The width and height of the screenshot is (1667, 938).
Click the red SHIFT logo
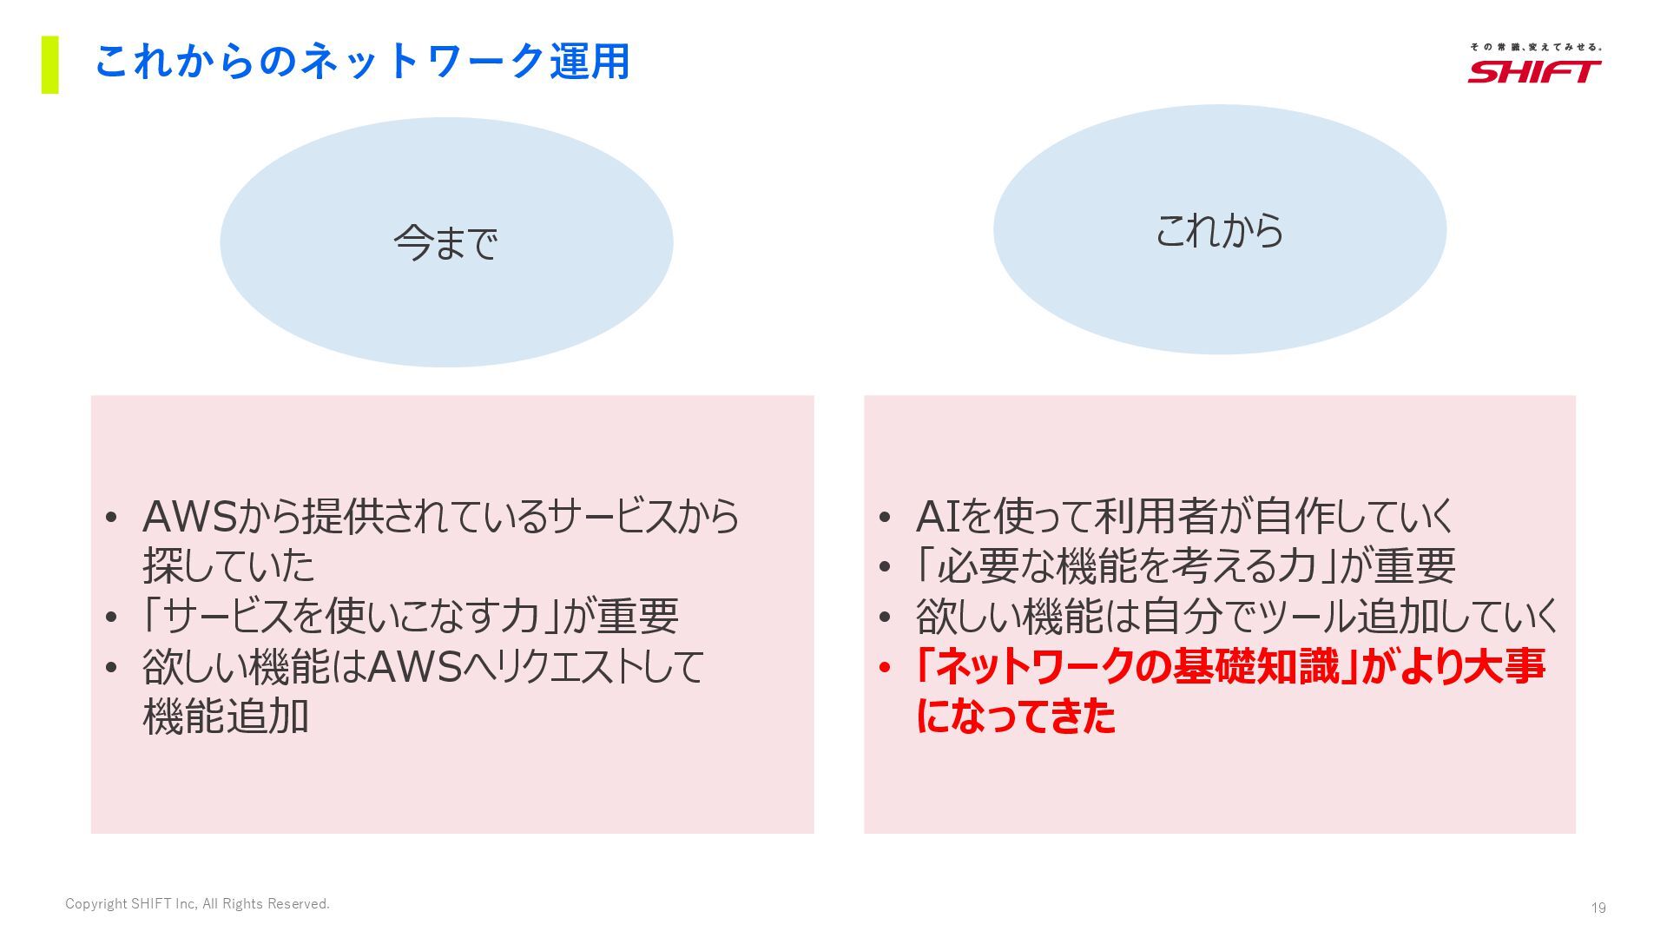pos(1534,71)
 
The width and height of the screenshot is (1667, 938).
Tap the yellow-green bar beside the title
pos(50,64)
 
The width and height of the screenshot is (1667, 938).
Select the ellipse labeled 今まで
pos(446,242)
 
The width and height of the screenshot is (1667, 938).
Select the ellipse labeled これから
pos(1219,230)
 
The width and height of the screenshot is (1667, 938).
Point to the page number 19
pos(1598,908)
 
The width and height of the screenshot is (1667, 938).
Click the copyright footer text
pos(197,904)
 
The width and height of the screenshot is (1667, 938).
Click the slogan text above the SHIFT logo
pos(1535,47)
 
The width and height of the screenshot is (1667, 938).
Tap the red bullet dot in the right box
pos(885,668)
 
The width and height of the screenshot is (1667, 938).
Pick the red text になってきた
pos(1016,717)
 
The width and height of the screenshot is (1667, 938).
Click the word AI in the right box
pos(937,517)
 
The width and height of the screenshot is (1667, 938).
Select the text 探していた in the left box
pos(228,566)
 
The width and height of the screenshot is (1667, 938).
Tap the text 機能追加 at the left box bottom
pos(226,717)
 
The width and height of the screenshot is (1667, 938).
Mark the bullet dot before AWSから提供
pos(110,518)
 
